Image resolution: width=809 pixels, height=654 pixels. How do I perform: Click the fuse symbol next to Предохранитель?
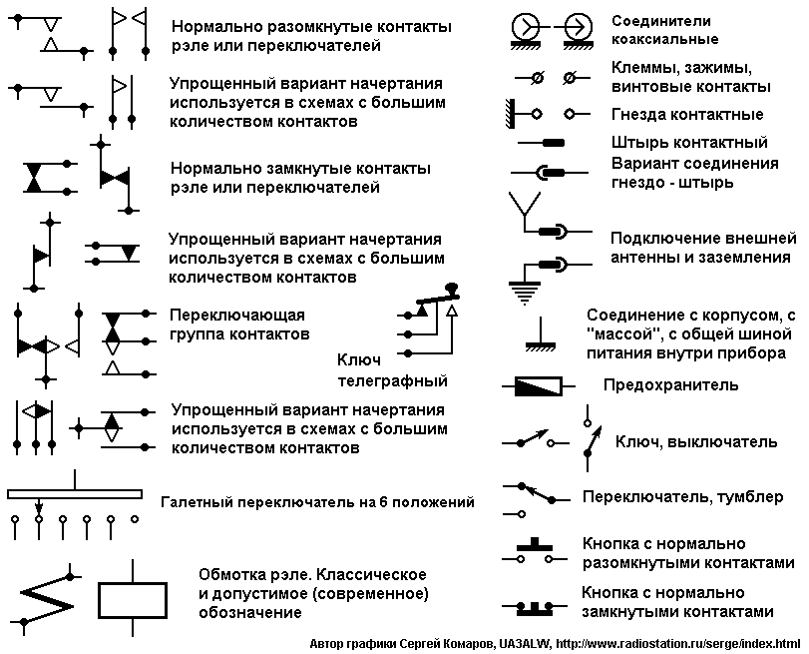point(538,385)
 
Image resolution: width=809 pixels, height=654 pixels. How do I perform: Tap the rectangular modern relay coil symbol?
point(133,599)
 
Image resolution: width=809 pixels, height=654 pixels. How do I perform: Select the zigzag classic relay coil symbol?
point(46,599)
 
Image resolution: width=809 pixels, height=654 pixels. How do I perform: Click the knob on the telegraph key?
point(452,288)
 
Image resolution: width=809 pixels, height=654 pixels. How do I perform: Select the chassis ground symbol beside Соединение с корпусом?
point(541,334)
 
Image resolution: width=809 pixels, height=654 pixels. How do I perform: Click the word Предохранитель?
point(670,385)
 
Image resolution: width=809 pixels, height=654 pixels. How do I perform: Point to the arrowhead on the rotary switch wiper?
point(39,508)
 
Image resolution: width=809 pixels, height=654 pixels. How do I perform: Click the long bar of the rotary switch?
point(75,494)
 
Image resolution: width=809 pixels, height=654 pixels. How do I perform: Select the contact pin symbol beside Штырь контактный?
point(541,143)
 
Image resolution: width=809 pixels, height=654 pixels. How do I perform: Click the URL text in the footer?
point(678,644)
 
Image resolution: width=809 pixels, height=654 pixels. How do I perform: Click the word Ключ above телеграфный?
point(359,359)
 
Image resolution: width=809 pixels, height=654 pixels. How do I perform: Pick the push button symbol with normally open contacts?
point(535,551)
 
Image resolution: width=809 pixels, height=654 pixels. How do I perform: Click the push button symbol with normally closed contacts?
point(535,608)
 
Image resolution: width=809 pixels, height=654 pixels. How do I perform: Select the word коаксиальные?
point(665,39)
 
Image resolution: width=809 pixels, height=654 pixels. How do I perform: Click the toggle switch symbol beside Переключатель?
point(537,499)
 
